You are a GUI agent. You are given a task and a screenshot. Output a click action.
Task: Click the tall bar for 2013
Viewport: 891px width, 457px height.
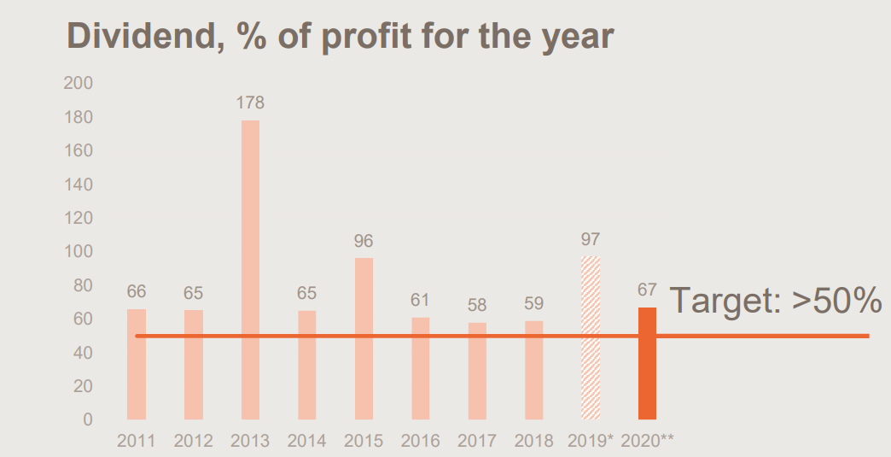pos(250,269)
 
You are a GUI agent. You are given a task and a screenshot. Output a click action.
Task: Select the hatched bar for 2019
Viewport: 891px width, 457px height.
pos(591,337)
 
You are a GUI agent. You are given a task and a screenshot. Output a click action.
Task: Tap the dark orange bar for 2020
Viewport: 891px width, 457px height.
pos(648,363)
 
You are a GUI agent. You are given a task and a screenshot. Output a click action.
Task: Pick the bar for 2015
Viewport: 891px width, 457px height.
pos(364,338)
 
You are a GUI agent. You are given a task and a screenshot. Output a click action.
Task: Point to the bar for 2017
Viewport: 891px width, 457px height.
pos(477,371)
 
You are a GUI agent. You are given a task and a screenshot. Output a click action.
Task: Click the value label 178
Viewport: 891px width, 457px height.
pos(250,103)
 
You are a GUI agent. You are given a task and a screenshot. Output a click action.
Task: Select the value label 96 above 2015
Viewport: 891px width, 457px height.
pos(364,241)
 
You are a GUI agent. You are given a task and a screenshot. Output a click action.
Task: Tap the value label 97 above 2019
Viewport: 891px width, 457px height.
pos(591,239)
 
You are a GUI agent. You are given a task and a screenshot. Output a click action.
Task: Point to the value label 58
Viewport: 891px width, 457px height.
pos(477,304)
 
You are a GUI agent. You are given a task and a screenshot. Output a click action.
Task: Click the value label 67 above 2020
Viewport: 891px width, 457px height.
pos(648,290)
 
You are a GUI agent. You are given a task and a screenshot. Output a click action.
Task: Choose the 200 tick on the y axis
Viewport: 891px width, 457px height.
pos(78,83)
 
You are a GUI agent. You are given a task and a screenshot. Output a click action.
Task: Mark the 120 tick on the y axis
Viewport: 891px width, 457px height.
pos(78,218)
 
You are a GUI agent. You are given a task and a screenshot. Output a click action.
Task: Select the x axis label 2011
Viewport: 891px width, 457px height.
pos(136,441)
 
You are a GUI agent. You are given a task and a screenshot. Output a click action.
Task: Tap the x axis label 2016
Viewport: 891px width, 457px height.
pos(420,441)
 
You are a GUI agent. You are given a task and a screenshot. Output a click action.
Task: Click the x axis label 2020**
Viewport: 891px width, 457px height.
pos(648,441)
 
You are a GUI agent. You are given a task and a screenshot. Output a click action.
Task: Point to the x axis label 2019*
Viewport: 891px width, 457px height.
pos(591,441)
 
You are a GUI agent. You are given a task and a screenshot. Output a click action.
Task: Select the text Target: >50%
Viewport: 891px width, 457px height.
pos(775,302)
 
